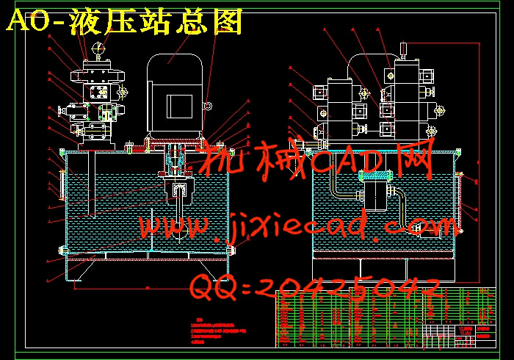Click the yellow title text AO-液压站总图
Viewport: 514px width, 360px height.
(124, 23)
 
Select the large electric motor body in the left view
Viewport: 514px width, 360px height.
(175, 96)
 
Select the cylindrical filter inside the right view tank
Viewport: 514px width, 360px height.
(374, 197)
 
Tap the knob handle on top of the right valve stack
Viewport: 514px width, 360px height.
(402, 50)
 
